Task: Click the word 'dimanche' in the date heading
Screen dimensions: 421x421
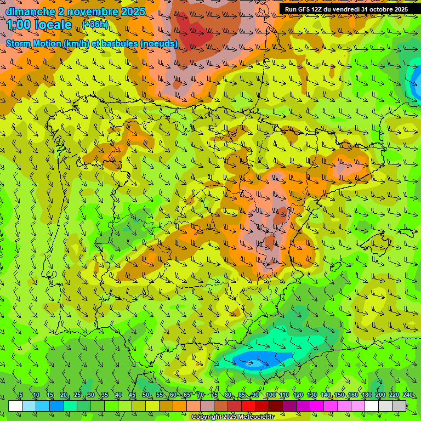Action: click(x=31, y=12)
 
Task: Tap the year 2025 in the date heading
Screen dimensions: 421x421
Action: click(x=133, y=12)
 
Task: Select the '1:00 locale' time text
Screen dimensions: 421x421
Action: click(x=39, y=25)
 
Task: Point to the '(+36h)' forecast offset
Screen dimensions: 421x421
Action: click(x=95, y=25)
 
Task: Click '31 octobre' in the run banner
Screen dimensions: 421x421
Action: click(x=372, y=9)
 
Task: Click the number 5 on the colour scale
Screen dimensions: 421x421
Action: click(x=21, y=395)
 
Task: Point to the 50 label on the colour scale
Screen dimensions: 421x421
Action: click(x=146, y=395)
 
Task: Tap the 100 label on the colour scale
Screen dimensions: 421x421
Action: click(x=271, y=395)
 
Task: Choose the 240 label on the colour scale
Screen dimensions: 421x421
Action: click(x=408, y=395)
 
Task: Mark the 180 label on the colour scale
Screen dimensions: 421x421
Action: click(x=367, y=395)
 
